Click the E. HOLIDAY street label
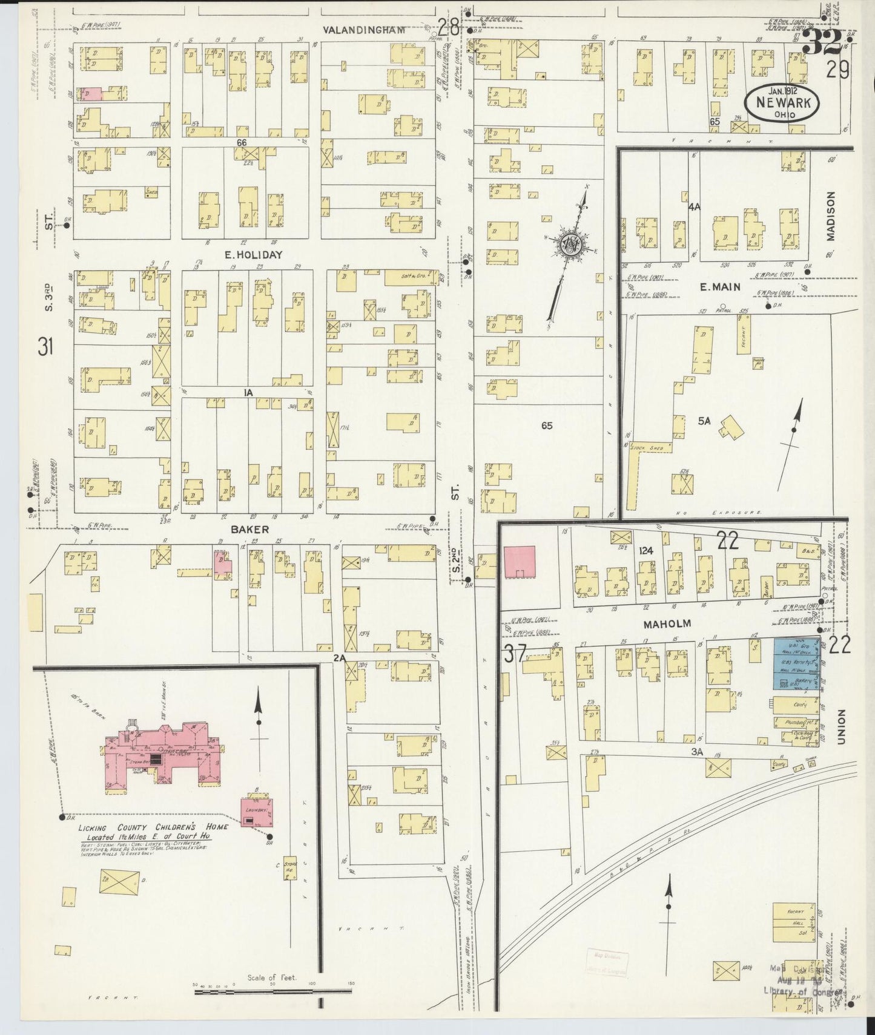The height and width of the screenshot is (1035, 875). click(x=254, y=255)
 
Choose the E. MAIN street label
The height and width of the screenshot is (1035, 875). click(x=720, y=287)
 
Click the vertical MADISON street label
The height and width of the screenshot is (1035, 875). click(x=830, y=216)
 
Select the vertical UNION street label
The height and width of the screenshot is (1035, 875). click(x=842, y=727)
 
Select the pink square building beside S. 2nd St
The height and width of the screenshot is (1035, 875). click(x=520, y=562)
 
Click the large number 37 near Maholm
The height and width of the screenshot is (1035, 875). click(x=515, y=655)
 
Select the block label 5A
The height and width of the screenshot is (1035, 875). click(x=703, y=421)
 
